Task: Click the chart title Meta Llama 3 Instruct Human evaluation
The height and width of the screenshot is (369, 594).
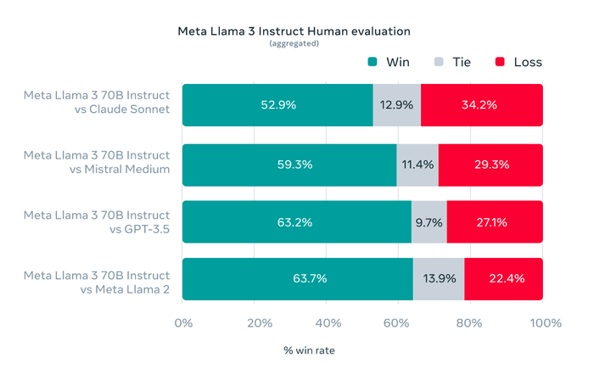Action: pos(294,31)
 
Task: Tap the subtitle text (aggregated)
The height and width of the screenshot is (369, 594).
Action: pos(294,43)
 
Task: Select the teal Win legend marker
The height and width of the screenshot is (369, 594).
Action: pos(372,62)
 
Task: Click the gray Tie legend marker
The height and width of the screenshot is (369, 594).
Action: pos(439,62)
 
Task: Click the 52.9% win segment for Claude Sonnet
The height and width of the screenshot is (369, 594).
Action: pos(277,105)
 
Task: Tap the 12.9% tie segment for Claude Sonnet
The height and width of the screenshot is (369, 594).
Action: pos(396,105)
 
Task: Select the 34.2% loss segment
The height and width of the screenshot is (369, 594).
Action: pos(481,105)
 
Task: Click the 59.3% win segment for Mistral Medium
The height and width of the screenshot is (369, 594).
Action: pos(289,164)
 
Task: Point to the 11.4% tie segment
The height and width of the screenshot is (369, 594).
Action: pos(417,164)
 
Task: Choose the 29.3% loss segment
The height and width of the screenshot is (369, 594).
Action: pos(490,164)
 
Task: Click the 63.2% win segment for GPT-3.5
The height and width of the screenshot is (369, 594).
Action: pos(296,222)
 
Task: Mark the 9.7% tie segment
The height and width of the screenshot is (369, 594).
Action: pos(429,222)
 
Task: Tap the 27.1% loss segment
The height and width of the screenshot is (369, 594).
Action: pos(494,222)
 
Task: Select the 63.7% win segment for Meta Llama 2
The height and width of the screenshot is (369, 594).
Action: pos(297,279)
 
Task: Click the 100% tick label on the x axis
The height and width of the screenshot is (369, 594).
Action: pos(544,323)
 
